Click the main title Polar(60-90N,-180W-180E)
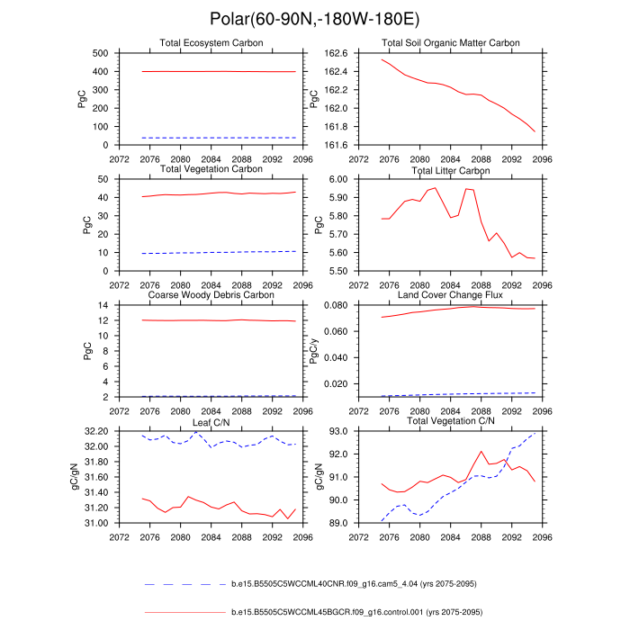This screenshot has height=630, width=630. coord(315,19)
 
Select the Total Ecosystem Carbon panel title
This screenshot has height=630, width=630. coord(211,43)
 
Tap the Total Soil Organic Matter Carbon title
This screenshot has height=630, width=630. coord(450,43)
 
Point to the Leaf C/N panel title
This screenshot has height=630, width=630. coord(211,423)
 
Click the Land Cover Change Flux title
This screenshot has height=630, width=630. coord(450,295)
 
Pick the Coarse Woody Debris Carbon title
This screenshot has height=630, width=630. coord(211,295)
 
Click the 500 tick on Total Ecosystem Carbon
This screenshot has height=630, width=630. coord(100,53)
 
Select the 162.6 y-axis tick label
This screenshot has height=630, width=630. coord(336,53)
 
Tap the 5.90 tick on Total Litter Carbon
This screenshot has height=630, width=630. coord(338,197)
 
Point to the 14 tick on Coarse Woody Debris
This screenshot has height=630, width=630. coord(103,305)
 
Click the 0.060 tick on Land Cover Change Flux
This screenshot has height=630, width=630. coord(336,331)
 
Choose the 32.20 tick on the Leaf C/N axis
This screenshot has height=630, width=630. coord(96,431)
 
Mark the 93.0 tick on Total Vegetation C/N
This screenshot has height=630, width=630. coord(338,431)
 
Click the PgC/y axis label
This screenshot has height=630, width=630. coord(314,351)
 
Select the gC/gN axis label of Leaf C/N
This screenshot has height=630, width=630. coord(75,476)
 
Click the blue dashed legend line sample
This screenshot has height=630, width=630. coord(185,584)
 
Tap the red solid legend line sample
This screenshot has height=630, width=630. coord(185,612)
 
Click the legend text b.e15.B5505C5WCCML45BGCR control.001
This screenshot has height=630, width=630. coord(356,612)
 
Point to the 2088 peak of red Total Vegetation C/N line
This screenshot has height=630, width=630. coord(481,451)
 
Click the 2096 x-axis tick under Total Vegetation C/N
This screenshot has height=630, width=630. coord(542,537)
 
